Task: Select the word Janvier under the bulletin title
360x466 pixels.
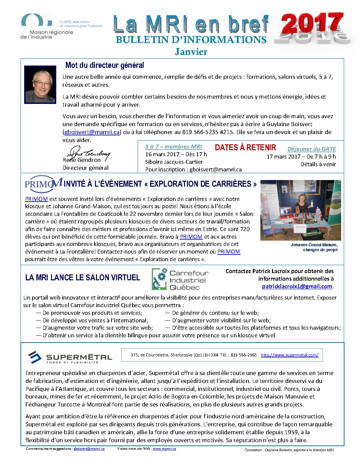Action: tap(191, 52)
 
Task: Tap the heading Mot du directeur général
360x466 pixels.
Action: tap(105, 65)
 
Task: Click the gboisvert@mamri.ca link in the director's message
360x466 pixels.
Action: tap(92, 132)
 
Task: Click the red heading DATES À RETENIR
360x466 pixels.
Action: tap(245, 148)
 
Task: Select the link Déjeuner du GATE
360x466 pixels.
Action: tap(312, 149)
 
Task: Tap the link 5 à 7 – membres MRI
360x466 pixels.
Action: tap(173, 147)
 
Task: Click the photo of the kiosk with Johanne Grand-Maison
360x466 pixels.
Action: tap(300, 210)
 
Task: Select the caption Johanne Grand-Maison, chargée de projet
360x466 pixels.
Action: tap(314, 247)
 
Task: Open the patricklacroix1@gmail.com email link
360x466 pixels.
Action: tap(297, 287)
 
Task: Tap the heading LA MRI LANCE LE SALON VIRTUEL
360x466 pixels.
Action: tap(83, 278)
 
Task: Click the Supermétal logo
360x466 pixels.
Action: tap(70, 357)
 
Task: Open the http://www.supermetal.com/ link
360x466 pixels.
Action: tap(290, 355)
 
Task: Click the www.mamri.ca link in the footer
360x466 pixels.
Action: tap(164, 449)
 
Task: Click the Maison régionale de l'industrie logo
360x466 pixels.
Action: tap(46, 26)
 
